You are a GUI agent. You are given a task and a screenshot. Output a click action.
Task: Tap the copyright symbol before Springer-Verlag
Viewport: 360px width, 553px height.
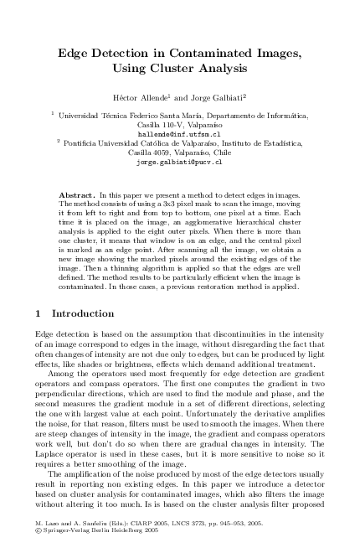coord(39,530)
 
